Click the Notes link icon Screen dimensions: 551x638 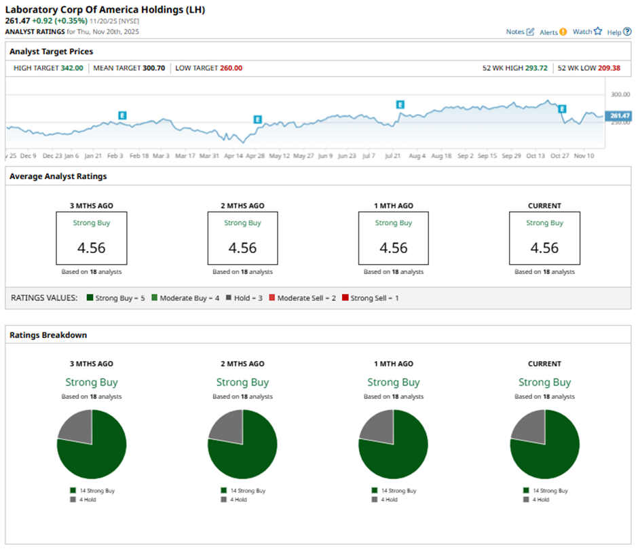click(x=530, y=32)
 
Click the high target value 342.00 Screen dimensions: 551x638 click(x=71, y=68)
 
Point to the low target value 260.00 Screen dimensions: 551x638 click(x=231, y=68)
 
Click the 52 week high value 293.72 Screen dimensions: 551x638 click(x=536, y=68)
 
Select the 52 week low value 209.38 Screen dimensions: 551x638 click(x=609, y=68)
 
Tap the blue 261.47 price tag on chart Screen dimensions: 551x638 click(x=620, y=116)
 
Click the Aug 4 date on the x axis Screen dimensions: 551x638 click(x=416, y=155)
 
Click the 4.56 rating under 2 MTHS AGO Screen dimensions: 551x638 click(x=242, y=248)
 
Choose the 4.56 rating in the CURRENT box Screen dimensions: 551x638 click(x=544, y=248)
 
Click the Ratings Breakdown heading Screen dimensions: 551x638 click(x=48, y=335)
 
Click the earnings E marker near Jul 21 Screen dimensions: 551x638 click(x=400, y=104)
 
